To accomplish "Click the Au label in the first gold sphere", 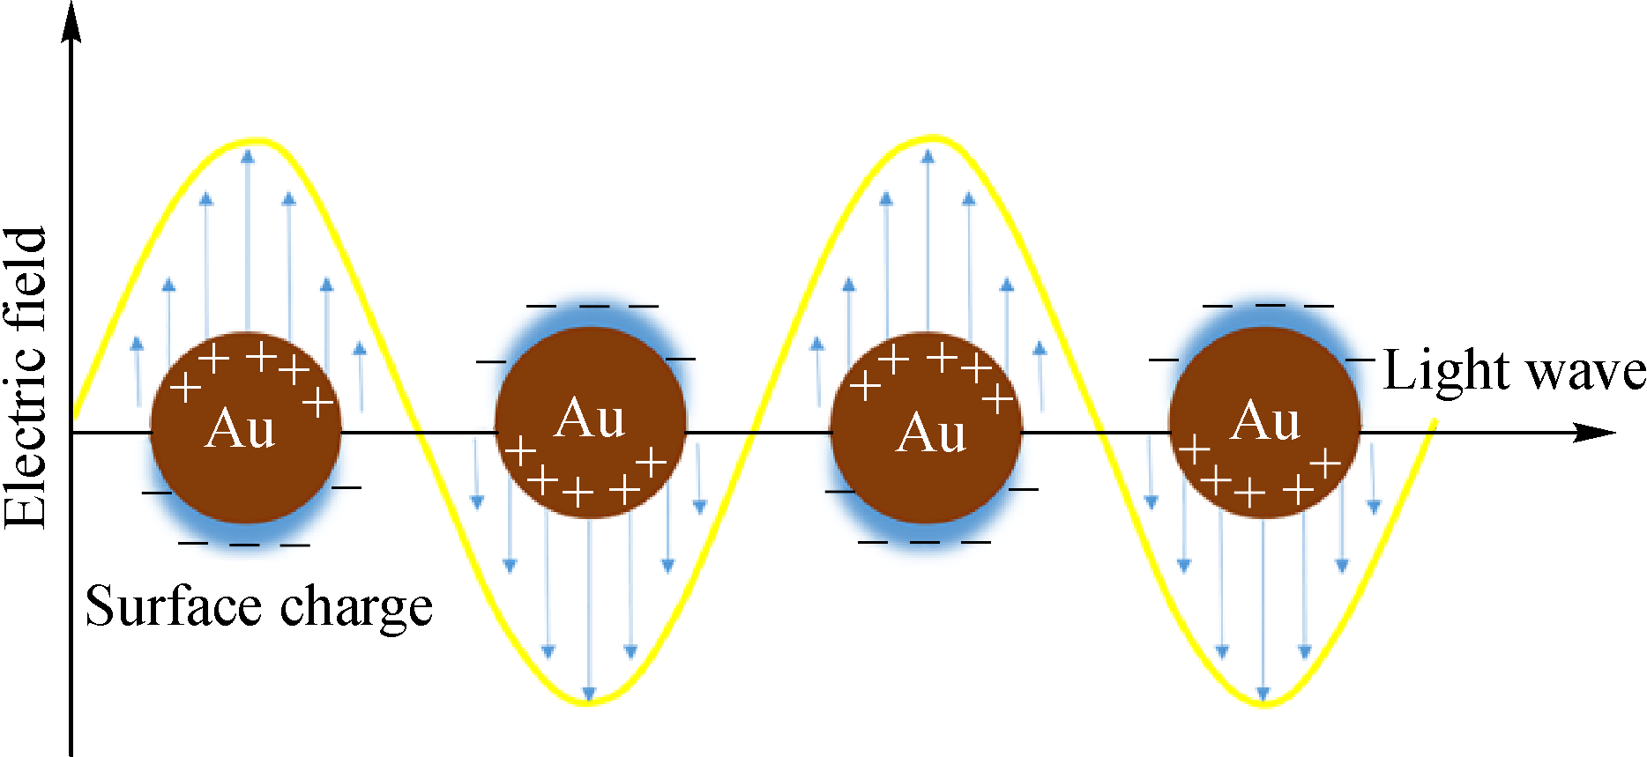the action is click(x=240, y=429).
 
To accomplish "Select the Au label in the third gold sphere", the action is click(x=931, y=433).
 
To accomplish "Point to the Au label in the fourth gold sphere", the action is click(x=1265, y=420).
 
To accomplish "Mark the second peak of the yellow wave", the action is click(x=932, y=138).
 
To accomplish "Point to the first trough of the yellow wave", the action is click(x=589, y=702).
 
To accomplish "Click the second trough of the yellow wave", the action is click(x=1264, y=704).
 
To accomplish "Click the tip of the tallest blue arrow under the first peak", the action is click(x=248, y=151).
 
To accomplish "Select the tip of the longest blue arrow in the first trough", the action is click(x=590, y=699).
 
